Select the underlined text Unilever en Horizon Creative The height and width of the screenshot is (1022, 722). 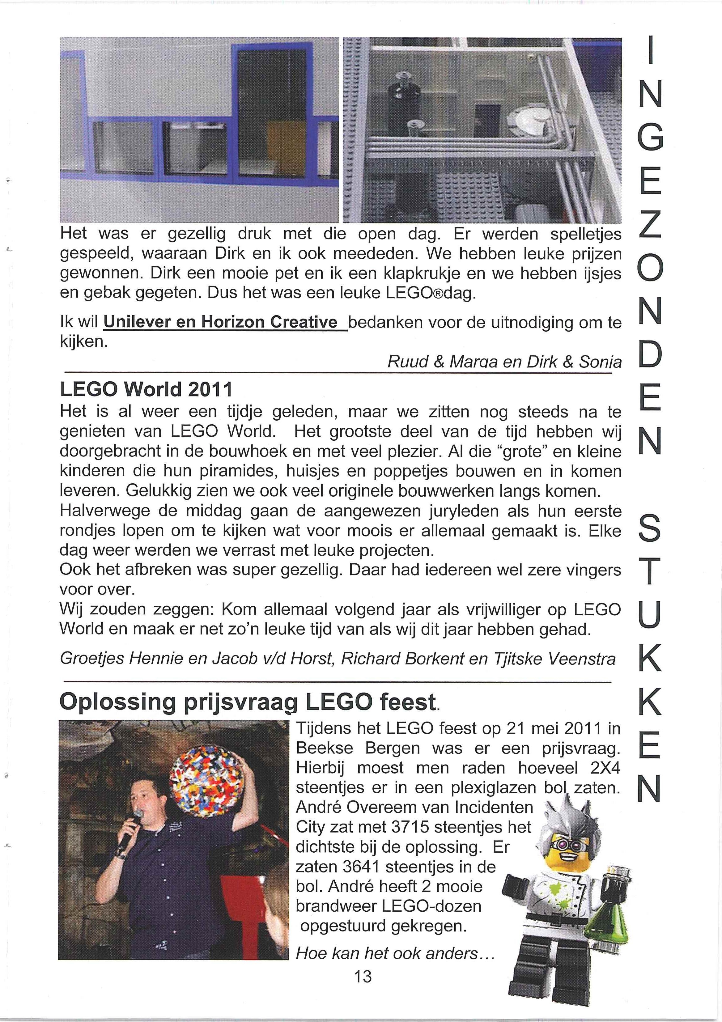pos(225,322)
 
